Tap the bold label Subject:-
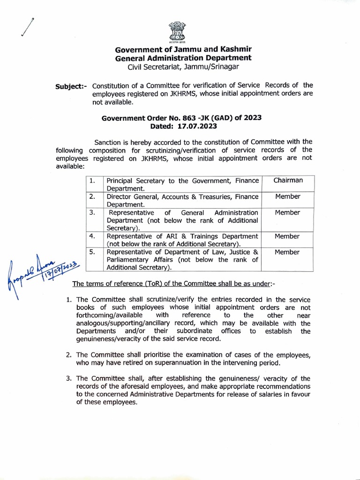(71, 86)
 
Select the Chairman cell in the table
(288, 180)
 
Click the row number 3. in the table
(93, 213)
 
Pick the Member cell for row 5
(288, 252)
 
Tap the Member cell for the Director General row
(288, 197)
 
